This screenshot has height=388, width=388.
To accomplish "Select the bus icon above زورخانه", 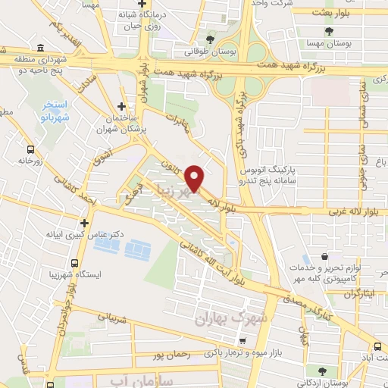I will tap(30, 149).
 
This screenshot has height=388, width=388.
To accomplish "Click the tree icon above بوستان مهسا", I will tap(329, 31).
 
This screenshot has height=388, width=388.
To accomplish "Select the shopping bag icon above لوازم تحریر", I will tap(324, 256).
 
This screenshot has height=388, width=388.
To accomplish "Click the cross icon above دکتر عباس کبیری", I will tap(85, 224).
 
